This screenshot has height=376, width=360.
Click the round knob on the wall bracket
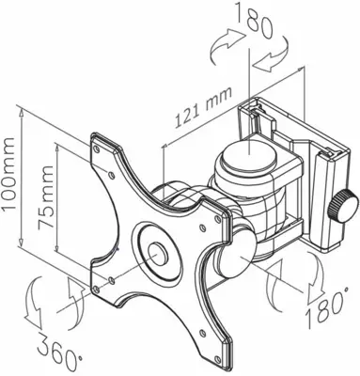pyautogui.click(x=349, y=203)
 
